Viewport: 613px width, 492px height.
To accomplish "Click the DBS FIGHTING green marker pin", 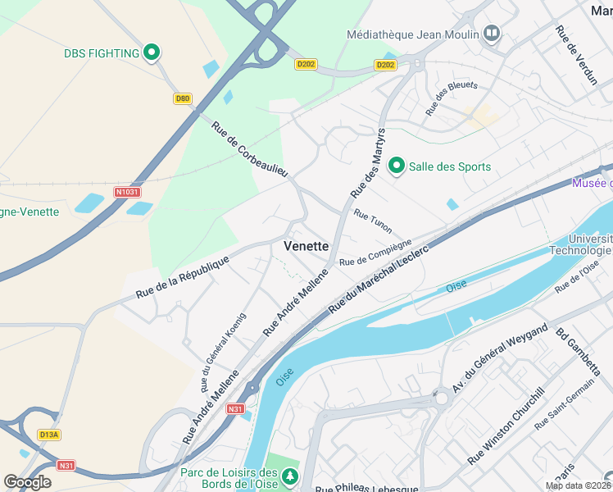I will pyautogui.click(x=151, y=53).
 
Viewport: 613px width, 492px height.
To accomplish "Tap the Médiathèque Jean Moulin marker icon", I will pyautogui.click(x=492, y=34).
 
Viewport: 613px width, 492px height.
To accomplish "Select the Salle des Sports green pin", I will pyautogui.click(x=397, y=166).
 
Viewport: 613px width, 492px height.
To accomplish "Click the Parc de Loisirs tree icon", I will pyautogui.click(x=289, y=476).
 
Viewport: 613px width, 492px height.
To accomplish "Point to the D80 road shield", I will pyautogui.click(x=183, y=98).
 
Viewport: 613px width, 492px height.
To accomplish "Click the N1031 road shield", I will pyautogui.click(x=127, y=193).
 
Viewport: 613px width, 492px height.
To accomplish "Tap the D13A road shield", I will pyautogui.click(x=48, y=435).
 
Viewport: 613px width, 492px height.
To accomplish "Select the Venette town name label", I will pyautogui.click(x=306, y=246).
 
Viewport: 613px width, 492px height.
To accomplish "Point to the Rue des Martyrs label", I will pyautogui.click(x=368, y=162).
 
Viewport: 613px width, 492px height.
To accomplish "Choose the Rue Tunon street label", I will pyautogui.click(x=372, y=220).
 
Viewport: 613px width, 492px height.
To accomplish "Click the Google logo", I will pyautogui.click(x=27, y=482).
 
